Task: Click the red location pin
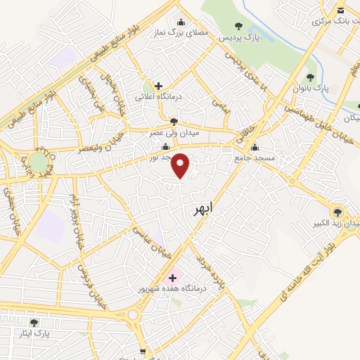181,166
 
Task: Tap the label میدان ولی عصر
174,131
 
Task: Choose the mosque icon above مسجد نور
165,147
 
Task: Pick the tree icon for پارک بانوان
310,77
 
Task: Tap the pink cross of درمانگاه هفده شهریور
173,277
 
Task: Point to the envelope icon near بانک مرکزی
340,10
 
